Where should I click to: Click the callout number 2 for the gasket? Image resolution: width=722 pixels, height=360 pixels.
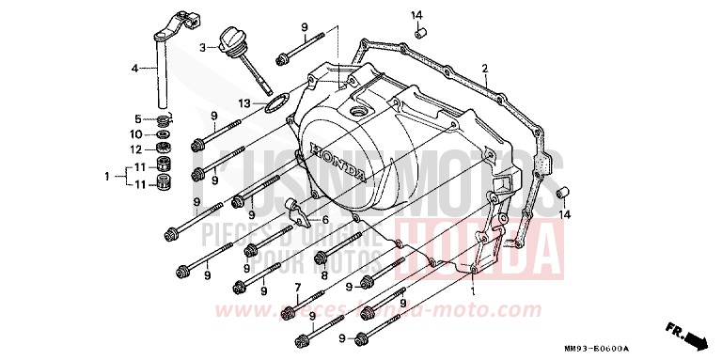coord(484,68)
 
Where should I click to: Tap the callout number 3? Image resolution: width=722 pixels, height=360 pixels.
coord(201,46)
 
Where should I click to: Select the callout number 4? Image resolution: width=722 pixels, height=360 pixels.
coord(134,69)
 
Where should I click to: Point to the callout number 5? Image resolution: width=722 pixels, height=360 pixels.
coord(136,119)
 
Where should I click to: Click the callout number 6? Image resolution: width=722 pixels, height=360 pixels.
coord(325,220)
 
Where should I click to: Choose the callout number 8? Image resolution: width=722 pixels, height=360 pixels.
coord(322,276)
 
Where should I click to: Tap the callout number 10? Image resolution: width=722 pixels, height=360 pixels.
coord(136,134)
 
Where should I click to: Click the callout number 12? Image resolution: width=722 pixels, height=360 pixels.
coord(136,149)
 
